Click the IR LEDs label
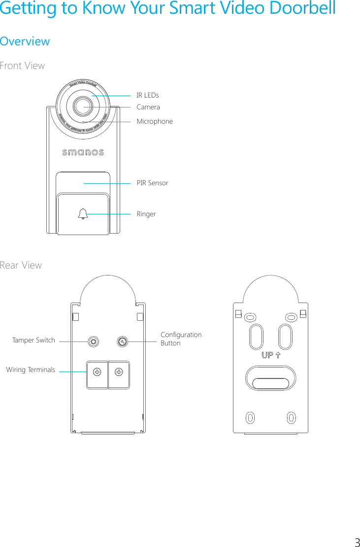point(147,95)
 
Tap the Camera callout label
point(148,107)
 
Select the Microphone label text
point(155,121)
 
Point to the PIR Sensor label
point(152,183)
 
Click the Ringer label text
point(146,214)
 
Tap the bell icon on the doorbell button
point(83,214)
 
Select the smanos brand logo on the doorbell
point(83,152)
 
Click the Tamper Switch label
point(33,340)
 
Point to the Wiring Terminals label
point(31,370)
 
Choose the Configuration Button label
point(181,339)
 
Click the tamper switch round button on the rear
point(92,341)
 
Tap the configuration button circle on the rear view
point(123,341)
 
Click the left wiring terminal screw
point(98,372)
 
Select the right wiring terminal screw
point(119,372)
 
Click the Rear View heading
point(21,265)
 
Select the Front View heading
point(22,66)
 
